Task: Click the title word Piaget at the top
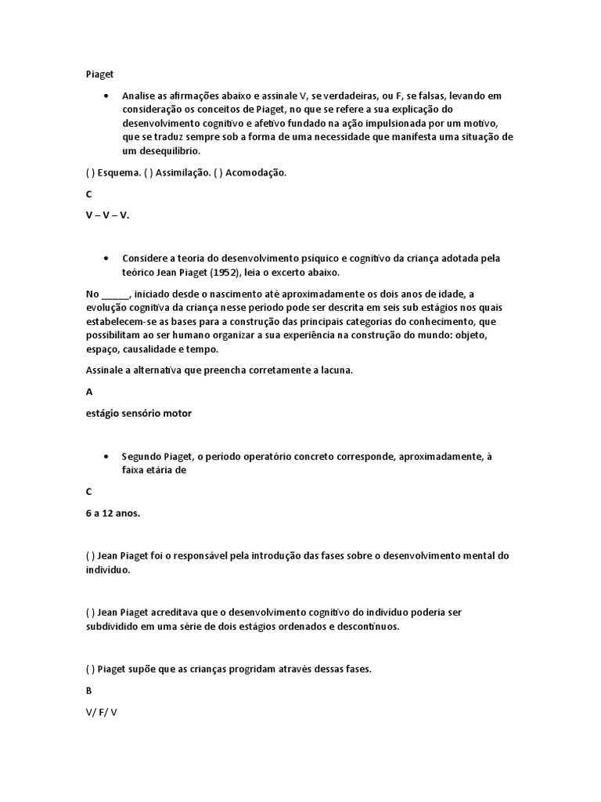(99, 74)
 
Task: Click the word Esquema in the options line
(120, 173)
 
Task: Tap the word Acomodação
(256, 173)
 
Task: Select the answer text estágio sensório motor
(139, 414)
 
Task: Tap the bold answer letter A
(89, 392)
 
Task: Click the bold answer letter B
(89, 691)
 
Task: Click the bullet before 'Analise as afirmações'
(106, 96)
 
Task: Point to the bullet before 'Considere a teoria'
(106, 258)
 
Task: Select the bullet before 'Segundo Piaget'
(106, 456)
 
